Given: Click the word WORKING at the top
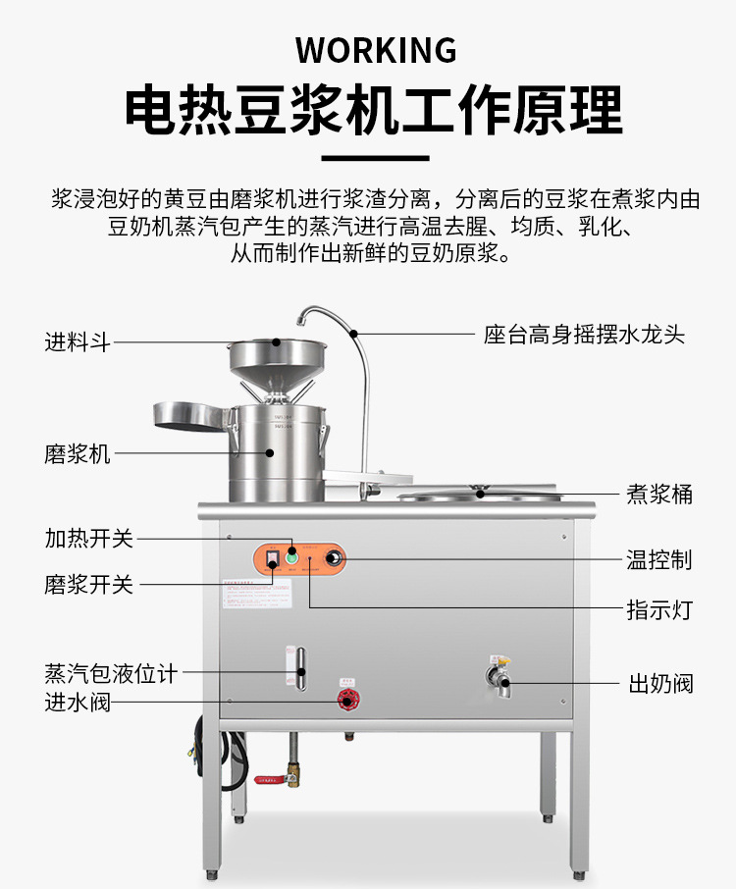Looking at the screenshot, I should coord(376,49).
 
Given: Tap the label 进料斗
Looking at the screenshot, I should coord(78,342).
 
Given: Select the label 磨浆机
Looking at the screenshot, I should coord(78,454).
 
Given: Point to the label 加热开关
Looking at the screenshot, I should coord(88,539).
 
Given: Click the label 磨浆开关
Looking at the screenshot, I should coord(88,585).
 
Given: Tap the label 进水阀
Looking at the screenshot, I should coord(78,703).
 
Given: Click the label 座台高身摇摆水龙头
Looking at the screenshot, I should coord(584,335).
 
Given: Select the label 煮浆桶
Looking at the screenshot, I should coord(659,494).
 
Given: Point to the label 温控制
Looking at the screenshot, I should coord(659,559).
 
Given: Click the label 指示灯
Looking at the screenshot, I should coord(659,609).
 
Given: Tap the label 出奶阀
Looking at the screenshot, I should coord(660,683).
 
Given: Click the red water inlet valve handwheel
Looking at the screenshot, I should coord(345,701).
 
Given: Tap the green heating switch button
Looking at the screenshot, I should coord(291,558).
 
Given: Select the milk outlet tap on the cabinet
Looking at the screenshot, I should coord(499,679).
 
